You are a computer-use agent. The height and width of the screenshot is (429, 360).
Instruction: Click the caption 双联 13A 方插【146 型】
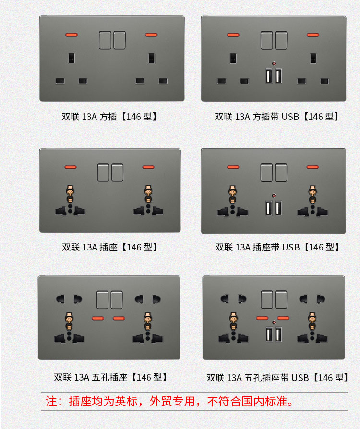click(x=109, y=117)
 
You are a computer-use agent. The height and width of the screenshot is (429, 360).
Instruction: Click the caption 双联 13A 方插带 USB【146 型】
click(x=277, y=117)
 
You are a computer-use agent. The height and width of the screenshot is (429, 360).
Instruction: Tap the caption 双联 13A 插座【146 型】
click(x=110, y=247)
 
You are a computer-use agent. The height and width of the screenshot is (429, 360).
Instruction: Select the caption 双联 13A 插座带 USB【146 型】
click(x=277, y=247)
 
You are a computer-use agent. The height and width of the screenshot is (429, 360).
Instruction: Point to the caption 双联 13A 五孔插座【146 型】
click(x=110, y=378)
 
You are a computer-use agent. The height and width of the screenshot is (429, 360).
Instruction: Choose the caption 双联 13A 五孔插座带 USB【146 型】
click(x=277, y=378)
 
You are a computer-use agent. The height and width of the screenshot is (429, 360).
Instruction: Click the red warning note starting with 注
click(x=170, y=401)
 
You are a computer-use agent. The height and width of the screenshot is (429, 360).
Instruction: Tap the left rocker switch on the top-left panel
click(x=105, y=40)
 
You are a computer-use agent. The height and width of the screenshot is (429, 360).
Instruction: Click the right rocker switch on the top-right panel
click(x=281, y=40)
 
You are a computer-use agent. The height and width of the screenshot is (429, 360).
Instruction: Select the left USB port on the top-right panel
click(x=269, y=76)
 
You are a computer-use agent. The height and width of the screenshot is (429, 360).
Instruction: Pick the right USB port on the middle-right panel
click(x=278, y=208)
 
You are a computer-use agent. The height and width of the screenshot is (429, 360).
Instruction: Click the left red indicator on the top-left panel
click(x=72, y=35)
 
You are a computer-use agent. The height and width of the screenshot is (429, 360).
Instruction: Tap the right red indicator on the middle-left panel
click(x=148, y=167)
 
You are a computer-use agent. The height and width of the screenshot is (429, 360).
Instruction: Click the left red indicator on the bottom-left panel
click(x=98, y=318)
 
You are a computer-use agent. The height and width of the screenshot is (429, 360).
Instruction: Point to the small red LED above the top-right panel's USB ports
click(x=274, y=63)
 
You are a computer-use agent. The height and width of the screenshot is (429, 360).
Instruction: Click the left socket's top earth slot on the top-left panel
click(x=72, y=58)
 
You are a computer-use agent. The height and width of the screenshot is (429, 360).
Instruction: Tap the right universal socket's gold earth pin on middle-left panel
click(x=148, y=194)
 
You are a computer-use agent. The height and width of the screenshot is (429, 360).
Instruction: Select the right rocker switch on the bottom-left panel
click(x=117, y=300)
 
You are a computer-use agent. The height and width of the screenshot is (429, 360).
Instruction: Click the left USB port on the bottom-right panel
click(x=269, y=334)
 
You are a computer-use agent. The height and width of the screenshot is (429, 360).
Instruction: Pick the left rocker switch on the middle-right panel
click(x=266, y=172)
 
